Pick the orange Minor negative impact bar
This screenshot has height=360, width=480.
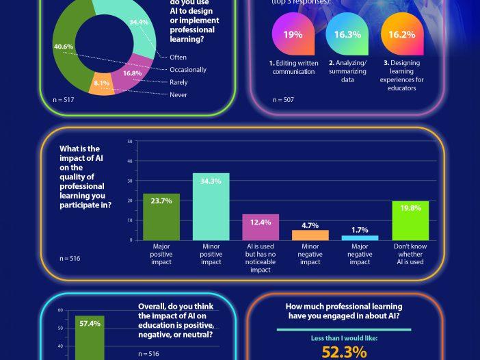(x=310, y=235)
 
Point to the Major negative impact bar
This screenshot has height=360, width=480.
(x=359, y=237)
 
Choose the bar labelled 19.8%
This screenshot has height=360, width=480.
(x=410, y=220)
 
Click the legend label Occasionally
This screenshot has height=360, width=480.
(x=188, y=70)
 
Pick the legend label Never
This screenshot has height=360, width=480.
(x=178, y=95)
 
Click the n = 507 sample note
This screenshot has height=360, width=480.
(x=284, y=100)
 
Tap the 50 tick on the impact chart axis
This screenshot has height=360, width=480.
(x=130, y=142)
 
